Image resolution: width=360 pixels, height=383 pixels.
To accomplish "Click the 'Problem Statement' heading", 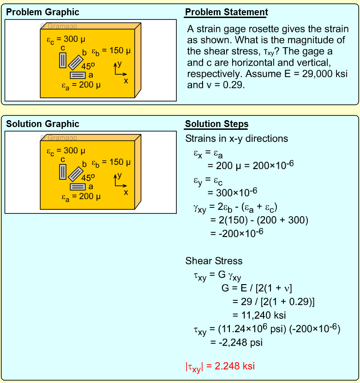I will pos(226,12).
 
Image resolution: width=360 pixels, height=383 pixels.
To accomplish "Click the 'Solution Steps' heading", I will pos(216,124).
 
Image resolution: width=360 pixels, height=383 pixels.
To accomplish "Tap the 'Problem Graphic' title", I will pos(42,12).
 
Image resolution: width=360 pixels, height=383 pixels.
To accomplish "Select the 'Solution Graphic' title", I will pos(42,124).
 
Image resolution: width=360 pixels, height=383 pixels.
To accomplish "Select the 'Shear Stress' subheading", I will pos(214,261).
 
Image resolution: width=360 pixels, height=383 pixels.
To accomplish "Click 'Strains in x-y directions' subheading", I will pos(236,139).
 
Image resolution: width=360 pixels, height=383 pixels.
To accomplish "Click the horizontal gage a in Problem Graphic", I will pos(78,75).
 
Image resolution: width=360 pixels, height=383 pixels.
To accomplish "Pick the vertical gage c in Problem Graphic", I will pos(63,60).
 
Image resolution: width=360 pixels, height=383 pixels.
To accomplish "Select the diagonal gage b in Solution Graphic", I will pos(76,173).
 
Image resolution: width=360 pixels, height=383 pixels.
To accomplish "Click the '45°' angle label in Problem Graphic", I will pos(88,66).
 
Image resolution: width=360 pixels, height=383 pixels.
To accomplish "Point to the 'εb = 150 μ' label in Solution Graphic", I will pos(111,163).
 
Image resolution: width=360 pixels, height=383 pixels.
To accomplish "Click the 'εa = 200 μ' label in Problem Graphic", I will pos(81,85).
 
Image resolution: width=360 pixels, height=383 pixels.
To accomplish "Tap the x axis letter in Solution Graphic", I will pos(126,192).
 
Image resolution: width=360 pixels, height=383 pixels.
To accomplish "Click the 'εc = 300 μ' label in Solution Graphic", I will pos(66,151).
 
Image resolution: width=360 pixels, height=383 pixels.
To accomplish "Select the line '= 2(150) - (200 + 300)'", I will pos(259,220).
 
